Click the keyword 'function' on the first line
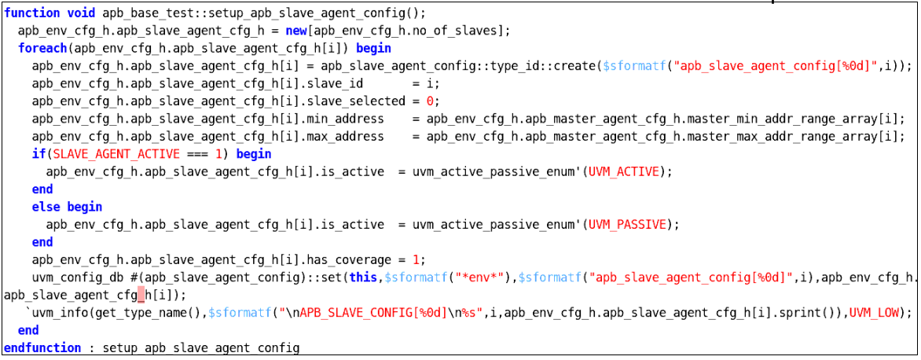pyautogui.click(x=31, y=13)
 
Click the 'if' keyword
pyautogui.click(x=39, y=154)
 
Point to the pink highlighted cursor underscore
pyautogui.click(x=141, y=295)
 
